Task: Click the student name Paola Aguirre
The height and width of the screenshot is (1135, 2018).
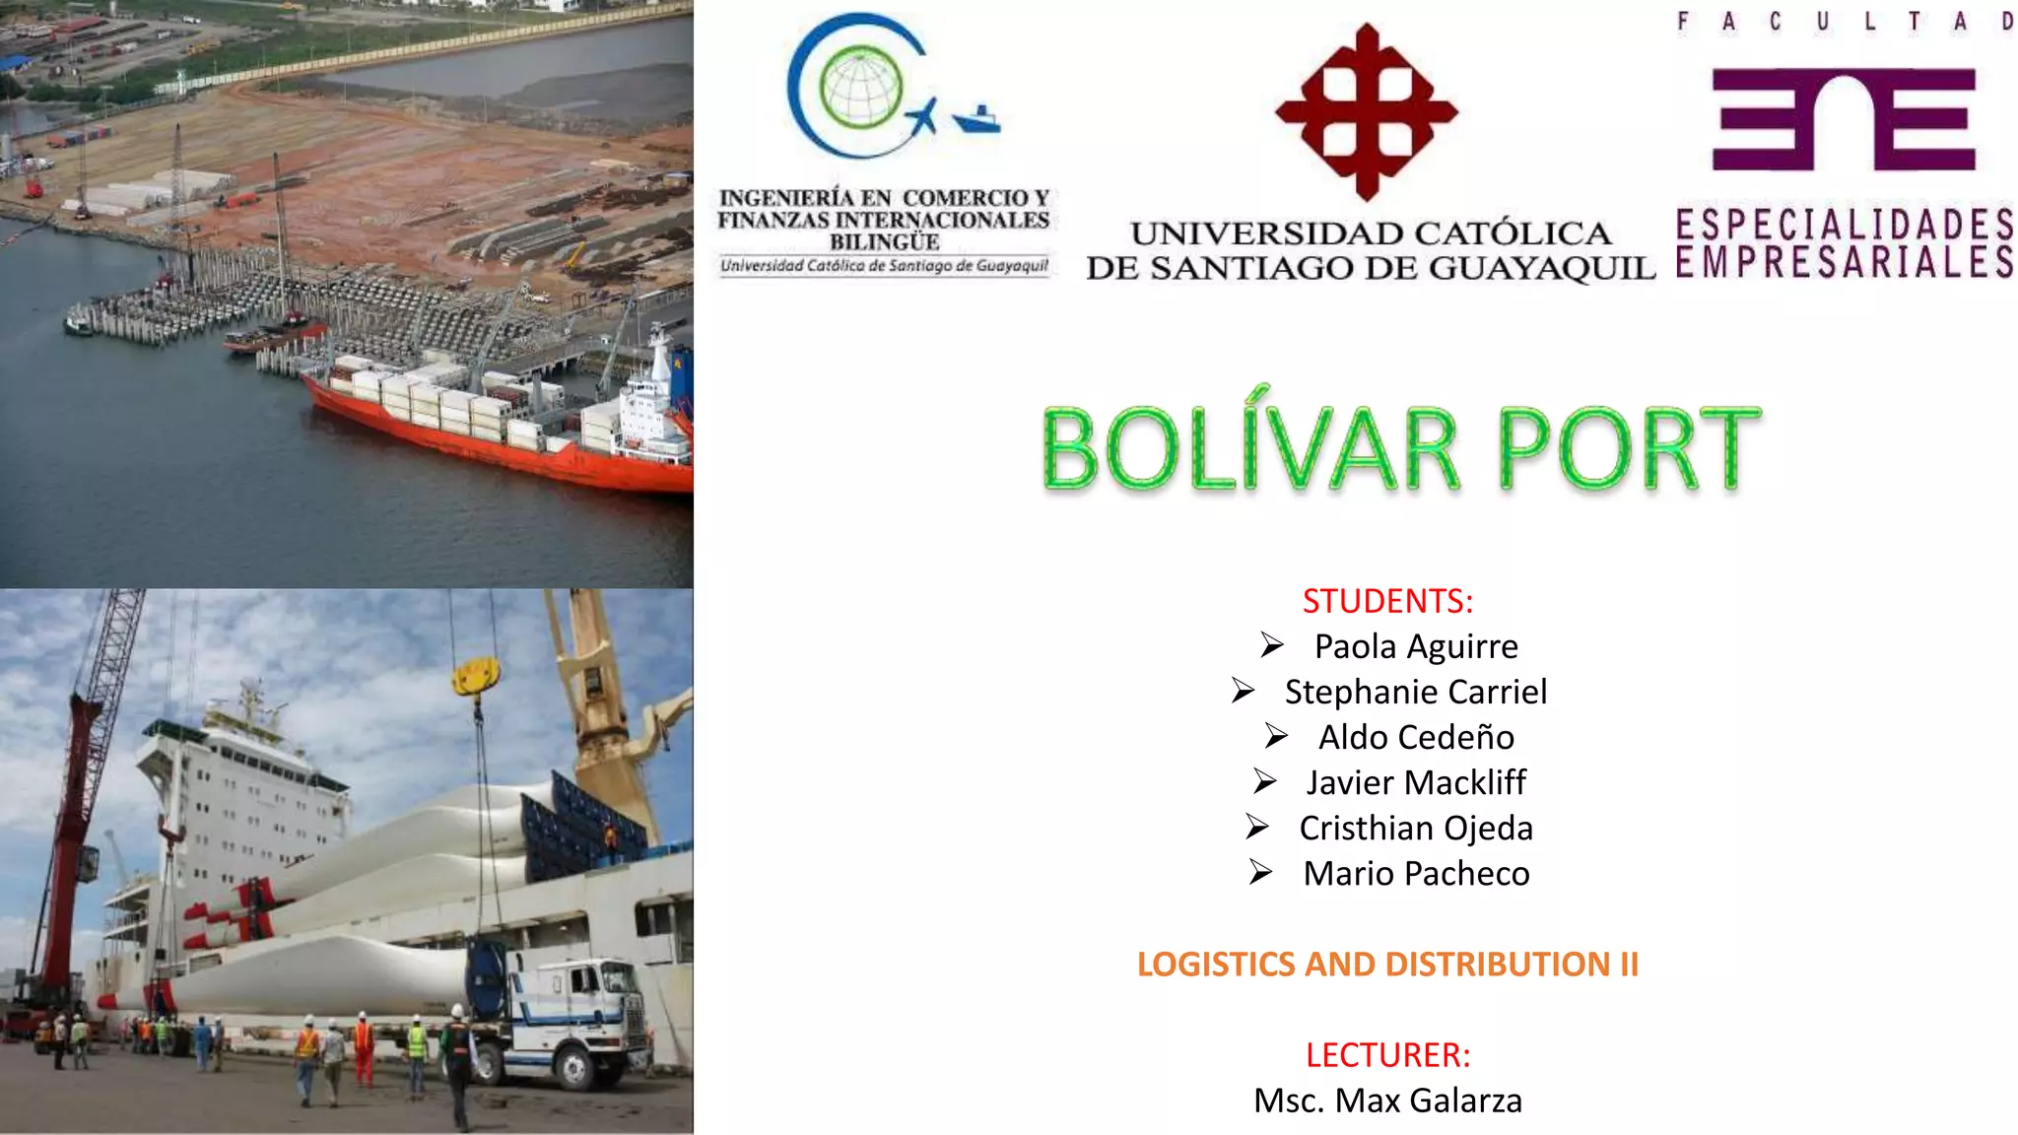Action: [1416, 646]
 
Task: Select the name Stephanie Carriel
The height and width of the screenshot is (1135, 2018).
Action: [1415, 692]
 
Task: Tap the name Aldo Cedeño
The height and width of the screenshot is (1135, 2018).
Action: [1416, 737]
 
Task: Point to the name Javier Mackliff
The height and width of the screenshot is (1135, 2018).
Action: [1416, 782]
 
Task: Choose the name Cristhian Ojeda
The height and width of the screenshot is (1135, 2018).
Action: [1416, 828]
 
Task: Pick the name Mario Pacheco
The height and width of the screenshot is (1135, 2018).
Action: [1416, 873]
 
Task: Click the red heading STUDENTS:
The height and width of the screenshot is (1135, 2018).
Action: [1387, 601]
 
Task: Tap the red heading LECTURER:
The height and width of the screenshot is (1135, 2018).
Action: [1387, 1055]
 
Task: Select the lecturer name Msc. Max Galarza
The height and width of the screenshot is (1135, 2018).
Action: [1387, 1101]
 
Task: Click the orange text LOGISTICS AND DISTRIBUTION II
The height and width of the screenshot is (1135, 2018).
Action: [1387, 964]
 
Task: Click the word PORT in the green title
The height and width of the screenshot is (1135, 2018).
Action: [1628, 449]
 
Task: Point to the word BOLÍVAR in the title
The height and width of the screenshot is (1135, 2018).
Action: [1249, 449]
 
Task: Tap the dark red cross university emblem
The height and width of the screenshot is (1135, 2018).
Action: [1366, 112]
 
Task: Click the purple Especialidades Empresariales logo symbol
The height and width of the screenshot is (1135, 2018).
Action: [1843, 119]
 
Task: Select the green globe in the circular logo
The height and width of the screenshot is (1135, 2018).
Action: [861, 88]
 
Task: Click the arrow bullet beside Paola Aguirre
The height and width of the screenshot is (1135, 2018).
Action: [1271, 645]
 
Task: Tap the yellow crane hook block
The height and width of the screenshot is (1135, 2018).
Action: [476, 677]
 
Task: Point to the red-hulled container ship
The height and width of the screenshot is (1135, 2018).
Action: [493, 434]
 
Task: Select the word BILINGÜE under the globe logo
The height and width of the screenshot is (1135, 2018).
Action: [884, 242]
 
